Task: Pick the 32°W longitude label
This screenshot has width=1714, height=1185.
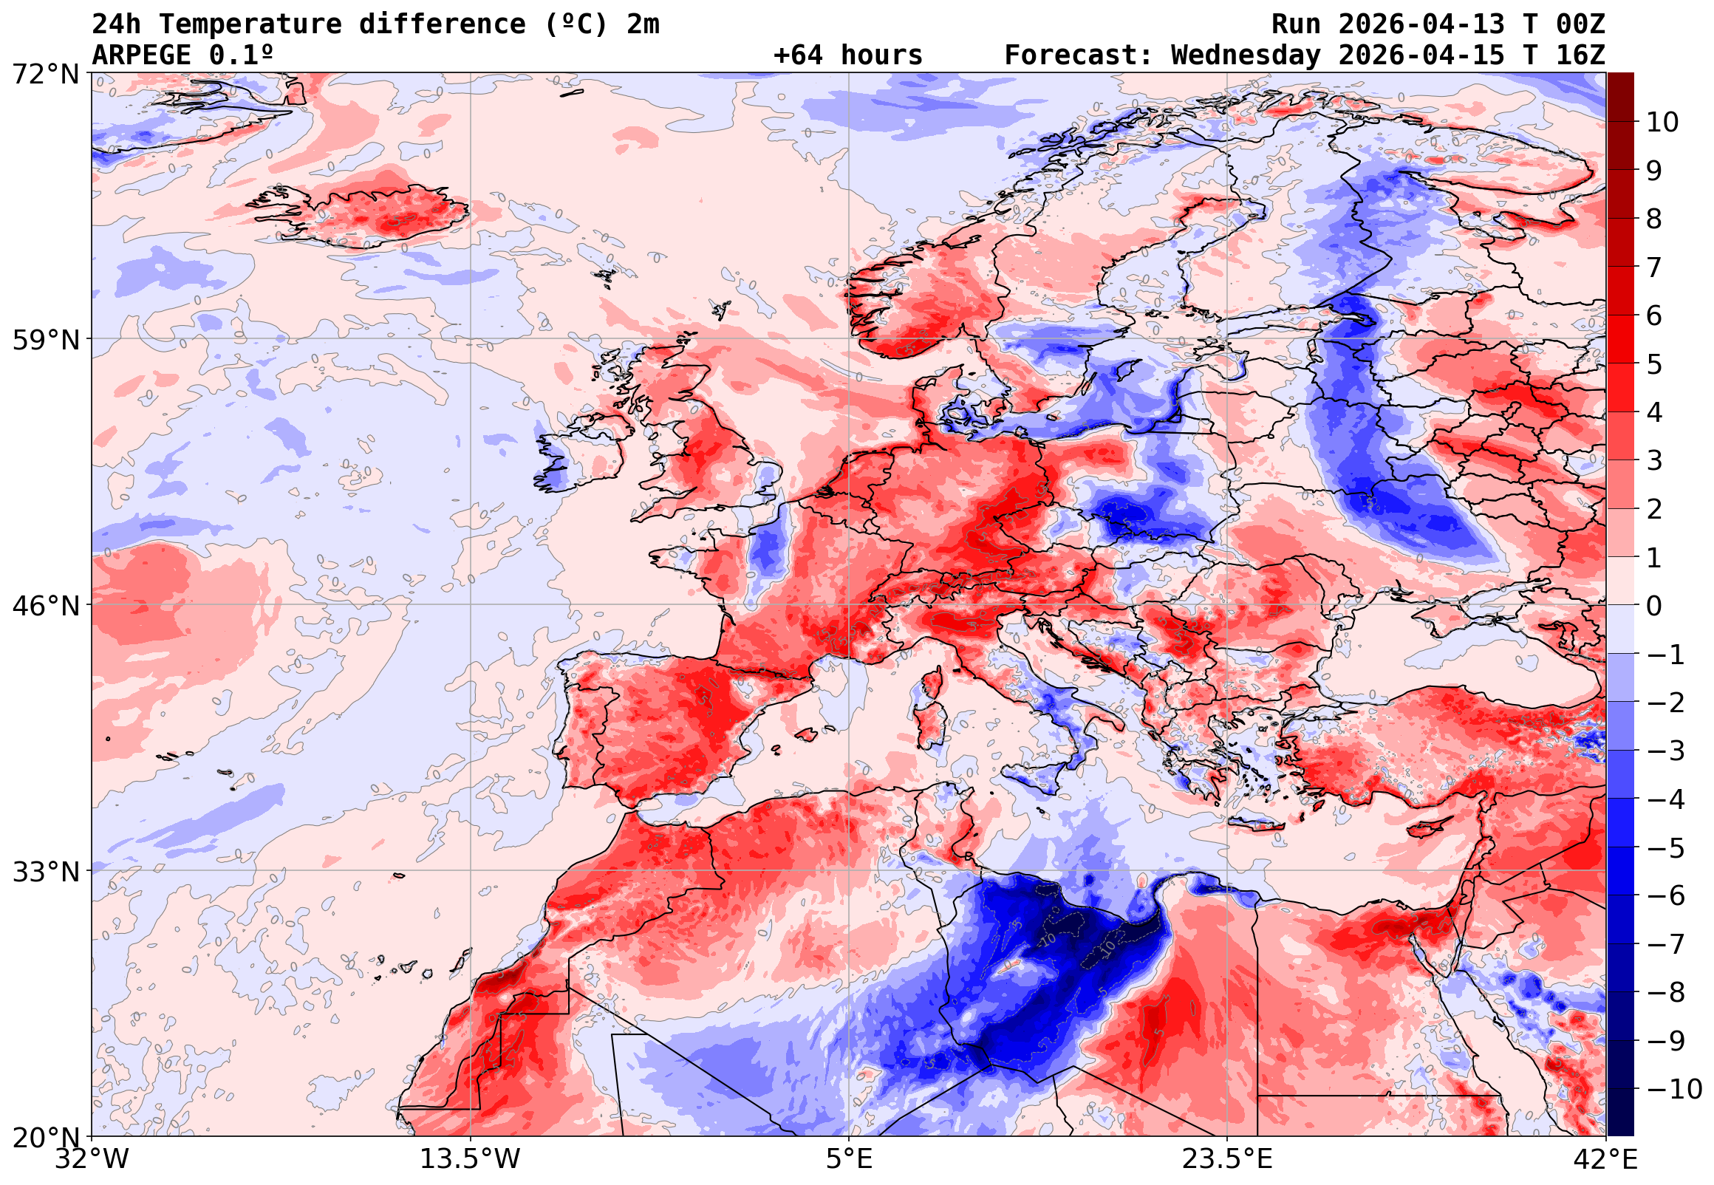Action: point(92,1159)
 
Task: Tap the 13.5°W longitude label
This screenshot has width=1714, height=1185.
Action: point(471,1159)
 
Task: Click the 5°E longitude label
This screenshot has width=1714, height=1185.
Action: point(849,1159)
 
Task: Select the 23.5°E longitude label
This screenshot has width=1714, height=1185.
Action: point(1227,1159)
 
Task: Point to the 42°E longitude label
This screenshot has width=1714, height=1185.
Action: point(1605,1159)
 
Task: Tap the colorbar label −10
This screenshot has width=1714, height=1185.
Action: point(1674,1089)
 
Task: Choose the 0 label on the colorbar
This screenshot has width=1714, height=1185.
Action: point(1654,606)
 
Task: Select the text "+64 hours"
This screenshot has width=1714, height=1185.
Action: point(847,55)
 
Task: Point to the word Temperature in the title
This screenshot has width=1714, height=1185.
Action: point(250,24)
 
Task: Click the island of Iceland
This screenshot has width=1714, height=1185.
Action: point(378,215)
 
